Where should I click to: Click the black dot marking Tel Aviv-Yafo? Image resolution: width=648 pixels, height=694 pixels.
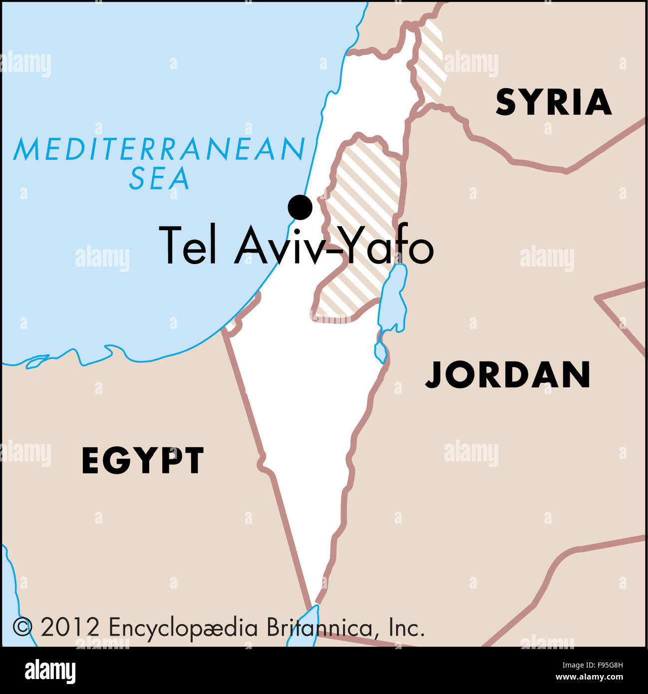pos(300,207)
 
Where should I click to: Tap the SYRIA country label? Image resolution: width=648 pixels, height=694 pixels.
pos(553,102)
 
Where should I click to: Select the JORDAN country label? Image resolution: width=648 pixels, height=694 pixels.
pos(508,375)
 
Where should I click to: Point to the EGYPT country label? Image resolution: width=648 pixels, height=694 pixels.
pos(143,460)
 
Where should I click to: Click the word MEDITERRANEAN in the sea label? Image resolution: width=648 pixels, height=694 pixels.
pos(159,149)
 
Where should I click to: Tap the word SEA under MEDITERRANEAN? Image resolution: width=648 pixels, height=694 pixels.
pos(159,179)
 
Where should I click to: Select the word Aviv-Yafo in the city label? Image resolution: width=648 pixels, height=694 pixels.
pos(333,246)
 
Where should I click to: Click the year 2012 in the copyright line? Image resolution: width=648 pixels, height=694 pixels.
pos(70,628)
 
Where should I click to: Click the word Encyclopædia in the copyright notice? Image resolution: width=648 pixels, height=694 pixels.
pos(183,628)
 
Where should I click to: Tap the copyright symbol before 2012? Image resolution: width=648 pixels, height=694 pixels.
pos(22,627)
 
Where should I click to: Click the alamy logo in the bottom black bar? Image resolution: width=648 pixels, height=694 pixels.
pos(50,671)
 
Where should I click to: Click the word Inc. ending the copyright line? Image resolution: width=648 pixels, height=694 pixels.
pos(406,628)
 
